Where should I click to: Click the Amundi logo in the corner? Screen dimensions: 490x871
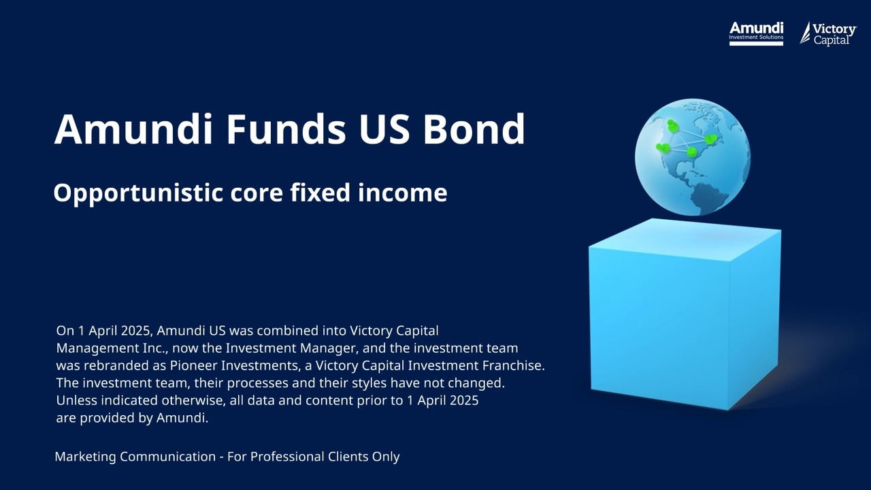point(756,33)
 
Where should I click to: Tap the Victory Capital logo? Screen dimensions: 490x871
point(828,33)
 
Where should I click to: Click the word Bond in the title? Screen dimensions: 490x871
point(474,129)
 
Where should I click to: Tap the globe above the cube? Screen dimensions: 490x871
point(692,157)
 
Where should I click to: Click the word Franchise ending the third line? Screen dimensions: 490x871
point(511,365)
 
